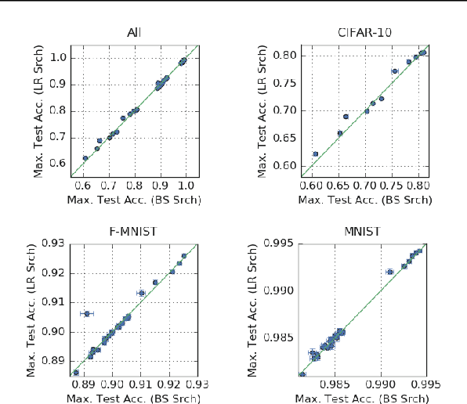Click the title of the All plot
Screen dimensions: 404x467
tap(134, 33)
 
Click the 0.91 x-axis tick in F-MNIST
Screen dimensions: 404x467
tap(142, 384)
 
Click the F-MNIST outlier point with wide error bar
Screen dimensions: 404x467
tap(86, 313)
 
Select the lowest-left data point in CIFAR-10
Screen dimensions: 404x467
tap(316, 153)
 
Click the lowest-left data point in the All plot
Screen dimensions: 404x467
tap(85, 158)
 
